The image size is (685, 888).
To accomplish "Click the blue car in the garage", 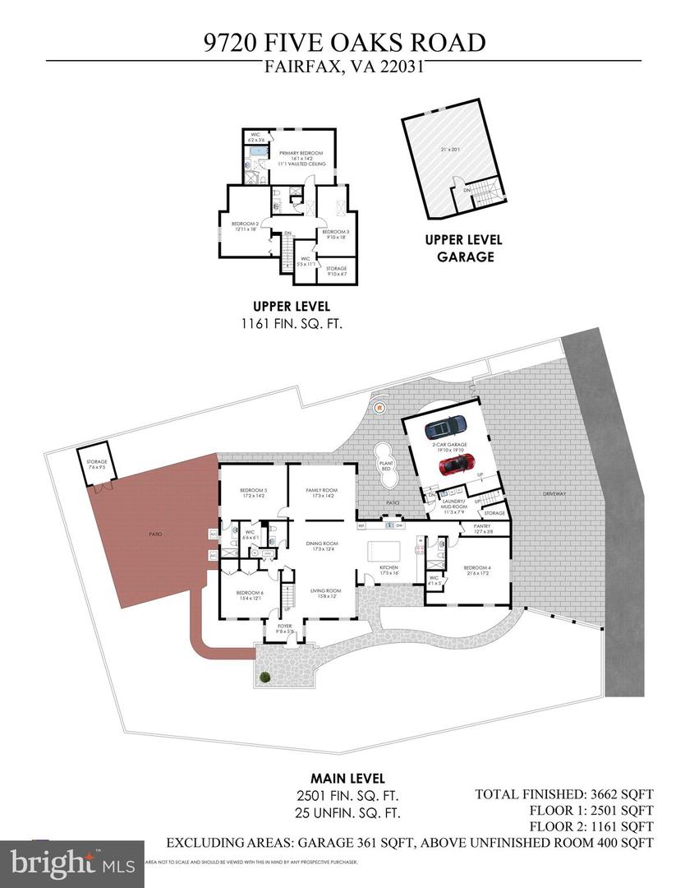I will coord(446,428).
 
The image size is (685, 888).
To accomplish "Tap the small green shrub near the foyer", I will coord(265,678).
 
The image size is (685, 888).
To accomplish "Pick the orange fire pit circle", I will coord(379,406).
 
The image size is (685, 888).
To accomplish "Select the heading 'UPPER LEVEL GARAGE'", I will coord(458,248).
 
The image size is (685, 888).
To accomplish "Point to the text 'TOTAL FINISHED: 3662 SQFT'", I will coord(563,794).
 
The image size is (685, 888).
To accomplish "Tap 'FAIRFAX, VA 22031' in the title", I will coord(342,69).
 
